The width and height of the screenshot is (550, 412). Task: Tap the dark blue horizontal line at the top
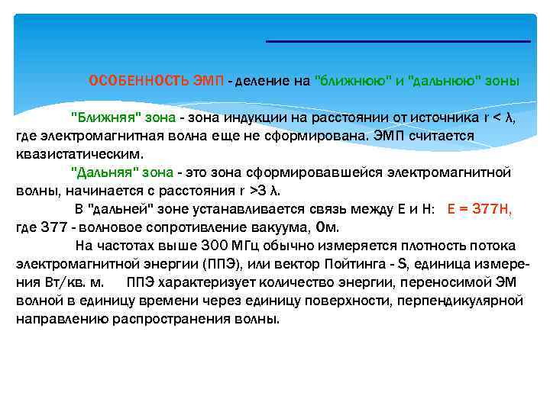[397, 41]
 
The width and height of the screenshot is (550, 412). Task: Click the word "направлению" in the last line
[61, 319]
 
